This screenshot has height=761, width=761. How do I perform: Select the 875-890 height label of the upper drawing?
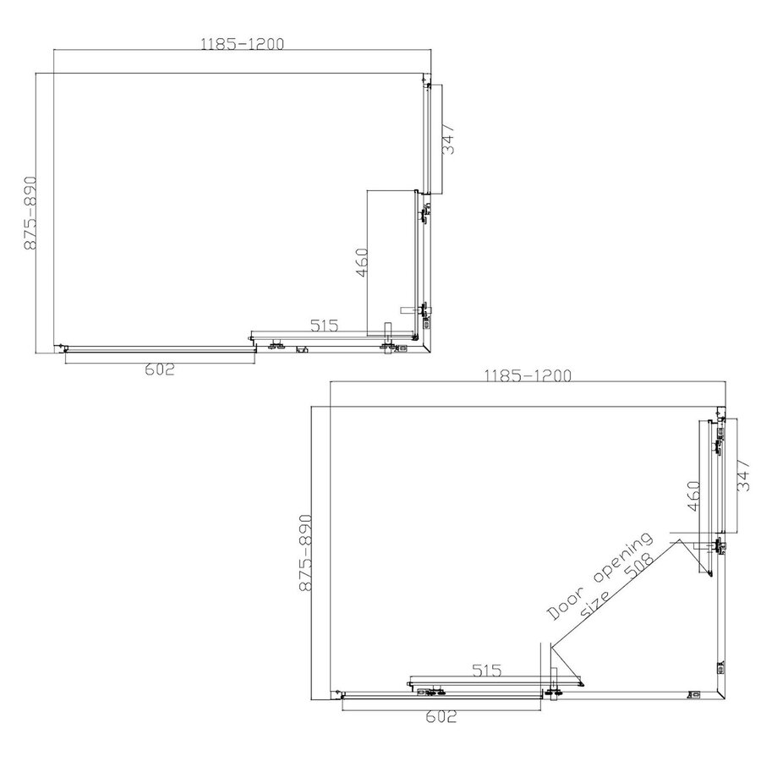click(x=31, y=213)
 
